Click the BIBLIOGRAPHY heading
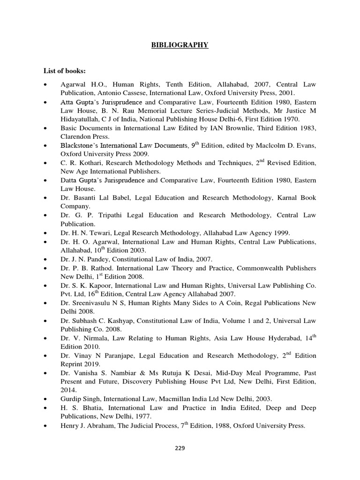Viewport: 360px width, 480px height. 180,45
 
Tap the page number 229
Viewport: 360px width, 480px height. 180,448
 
